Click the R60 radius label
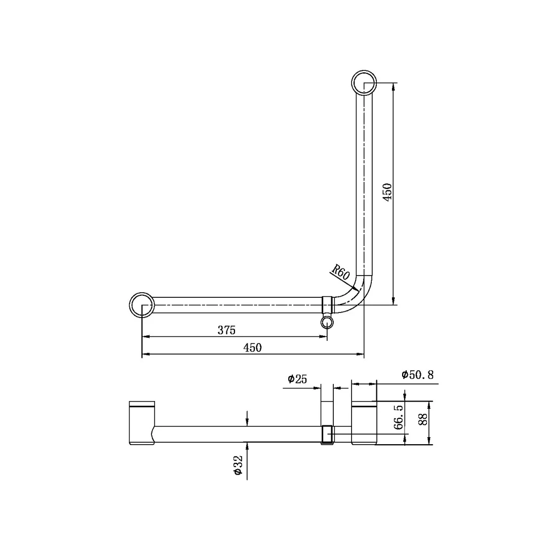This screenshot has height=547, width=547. click(x=340, y=272)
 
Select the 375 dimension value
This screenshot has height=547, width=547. click(x=226, y=330)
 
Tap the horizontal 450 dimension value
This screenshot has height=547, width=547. click(x=252, y=348)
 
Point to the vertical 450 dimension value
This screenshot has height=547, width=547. click(x=387, y=191)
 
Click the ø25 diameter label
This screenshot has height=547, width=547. click(x=297, y=379)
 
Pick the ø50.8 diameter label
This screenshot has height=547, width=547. click(x=417, y=375)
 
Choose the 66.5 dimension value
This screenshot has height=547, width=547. click(x=398, y=416)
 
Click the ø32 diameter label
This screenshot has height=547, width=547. click(x=238, y=465)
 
